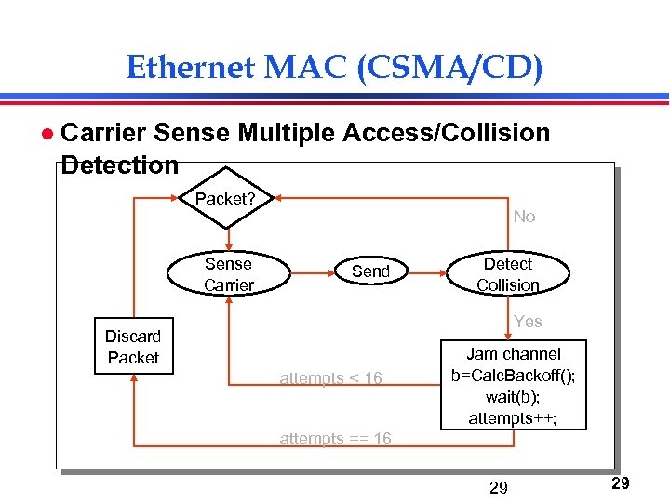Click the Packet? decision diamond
(225, 198)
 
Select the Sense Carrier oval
(228, 274)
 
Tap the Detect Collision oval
(508, 274)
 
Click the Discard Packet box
(133, 347)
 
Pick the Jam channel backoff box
(513, 386)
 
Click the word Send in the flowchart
(370, 271)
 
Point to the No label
(525, 217)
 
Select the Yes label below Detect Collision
(528, 322)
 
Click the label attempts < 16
(330, 378)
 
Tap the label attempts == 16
(335, 439)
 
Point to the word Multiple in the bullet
(286, 133)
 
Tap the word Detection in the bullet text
(119, 165)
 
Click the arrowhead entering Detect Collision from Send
(445, 274)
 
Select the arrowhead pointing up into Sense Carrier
(228, 299)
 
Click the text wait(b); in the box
(514, 397)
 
